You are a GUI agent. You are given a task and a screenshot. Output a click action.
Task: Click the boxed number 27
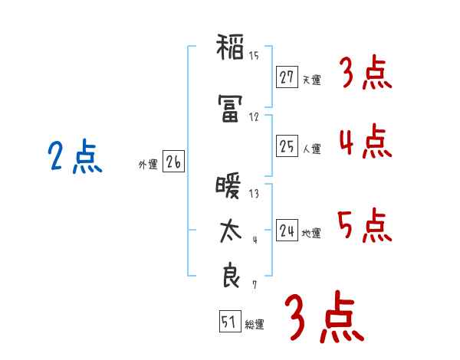click(287, 78)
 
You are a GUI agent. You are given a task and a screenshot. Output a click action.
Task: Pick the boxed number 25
click(287, 146)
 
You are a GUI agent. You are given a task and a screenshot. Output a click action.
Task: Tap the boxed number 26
click(172, 162)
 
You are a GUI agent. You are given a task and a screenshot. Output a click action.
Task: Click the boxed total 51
click(228, 322)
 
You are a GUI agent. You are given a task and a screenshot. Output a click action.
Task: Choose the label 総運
click(255, 325)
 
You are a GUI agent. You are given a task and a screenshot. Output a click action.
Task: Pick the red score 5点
click(365, 224)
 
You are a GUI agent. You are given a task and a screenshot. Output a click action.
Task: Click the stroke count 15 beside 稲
click(254, 55)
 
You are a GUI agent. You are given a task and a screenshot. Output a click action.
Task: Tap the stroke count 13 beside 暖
click(254, 194)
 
